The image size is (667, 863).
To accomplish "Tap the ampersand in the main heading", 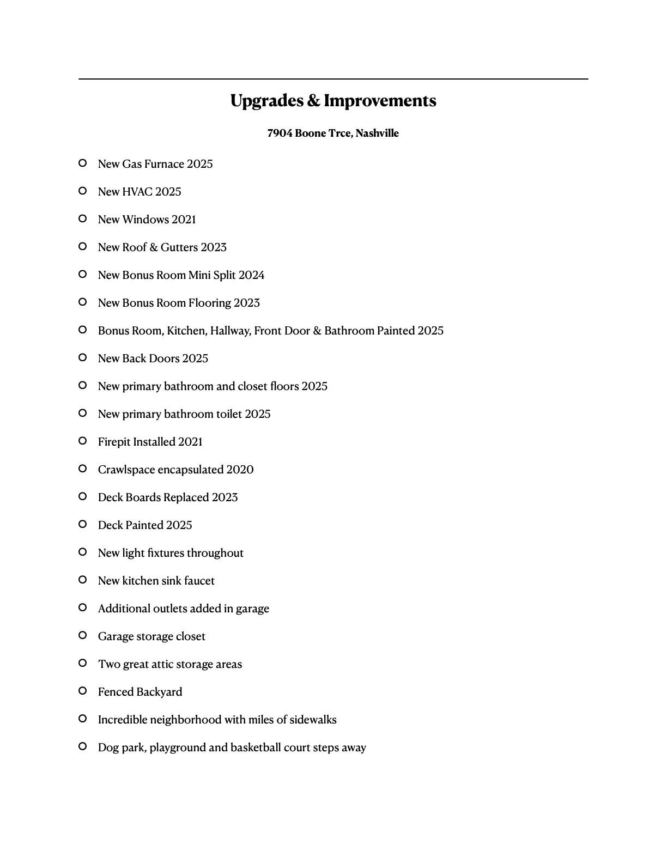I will [x=314, y=101].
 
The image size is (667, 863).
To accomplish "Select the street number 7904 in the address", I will [x=280, y=133].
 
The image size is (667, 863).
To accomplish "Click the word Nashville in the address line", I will [x=377, y=133].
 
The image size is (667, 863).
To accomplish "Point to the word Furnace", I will [x=164, y=164].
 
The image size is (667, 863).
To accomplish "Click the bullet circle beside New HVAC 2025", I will [x=83, y=191].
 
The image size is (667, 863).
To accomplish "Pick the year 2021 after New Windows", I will [x=184, y=220].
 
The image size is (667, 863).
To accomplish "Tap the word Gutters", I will [x=179, y=247].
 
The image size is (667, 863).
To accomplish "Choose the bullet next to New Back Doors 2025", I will [x=83, y=357].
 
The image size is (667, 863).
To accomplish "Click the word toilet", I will [x=229, y=414].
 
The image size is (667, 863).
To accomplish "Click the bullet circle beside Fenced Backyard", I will [x=83, y=691].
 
